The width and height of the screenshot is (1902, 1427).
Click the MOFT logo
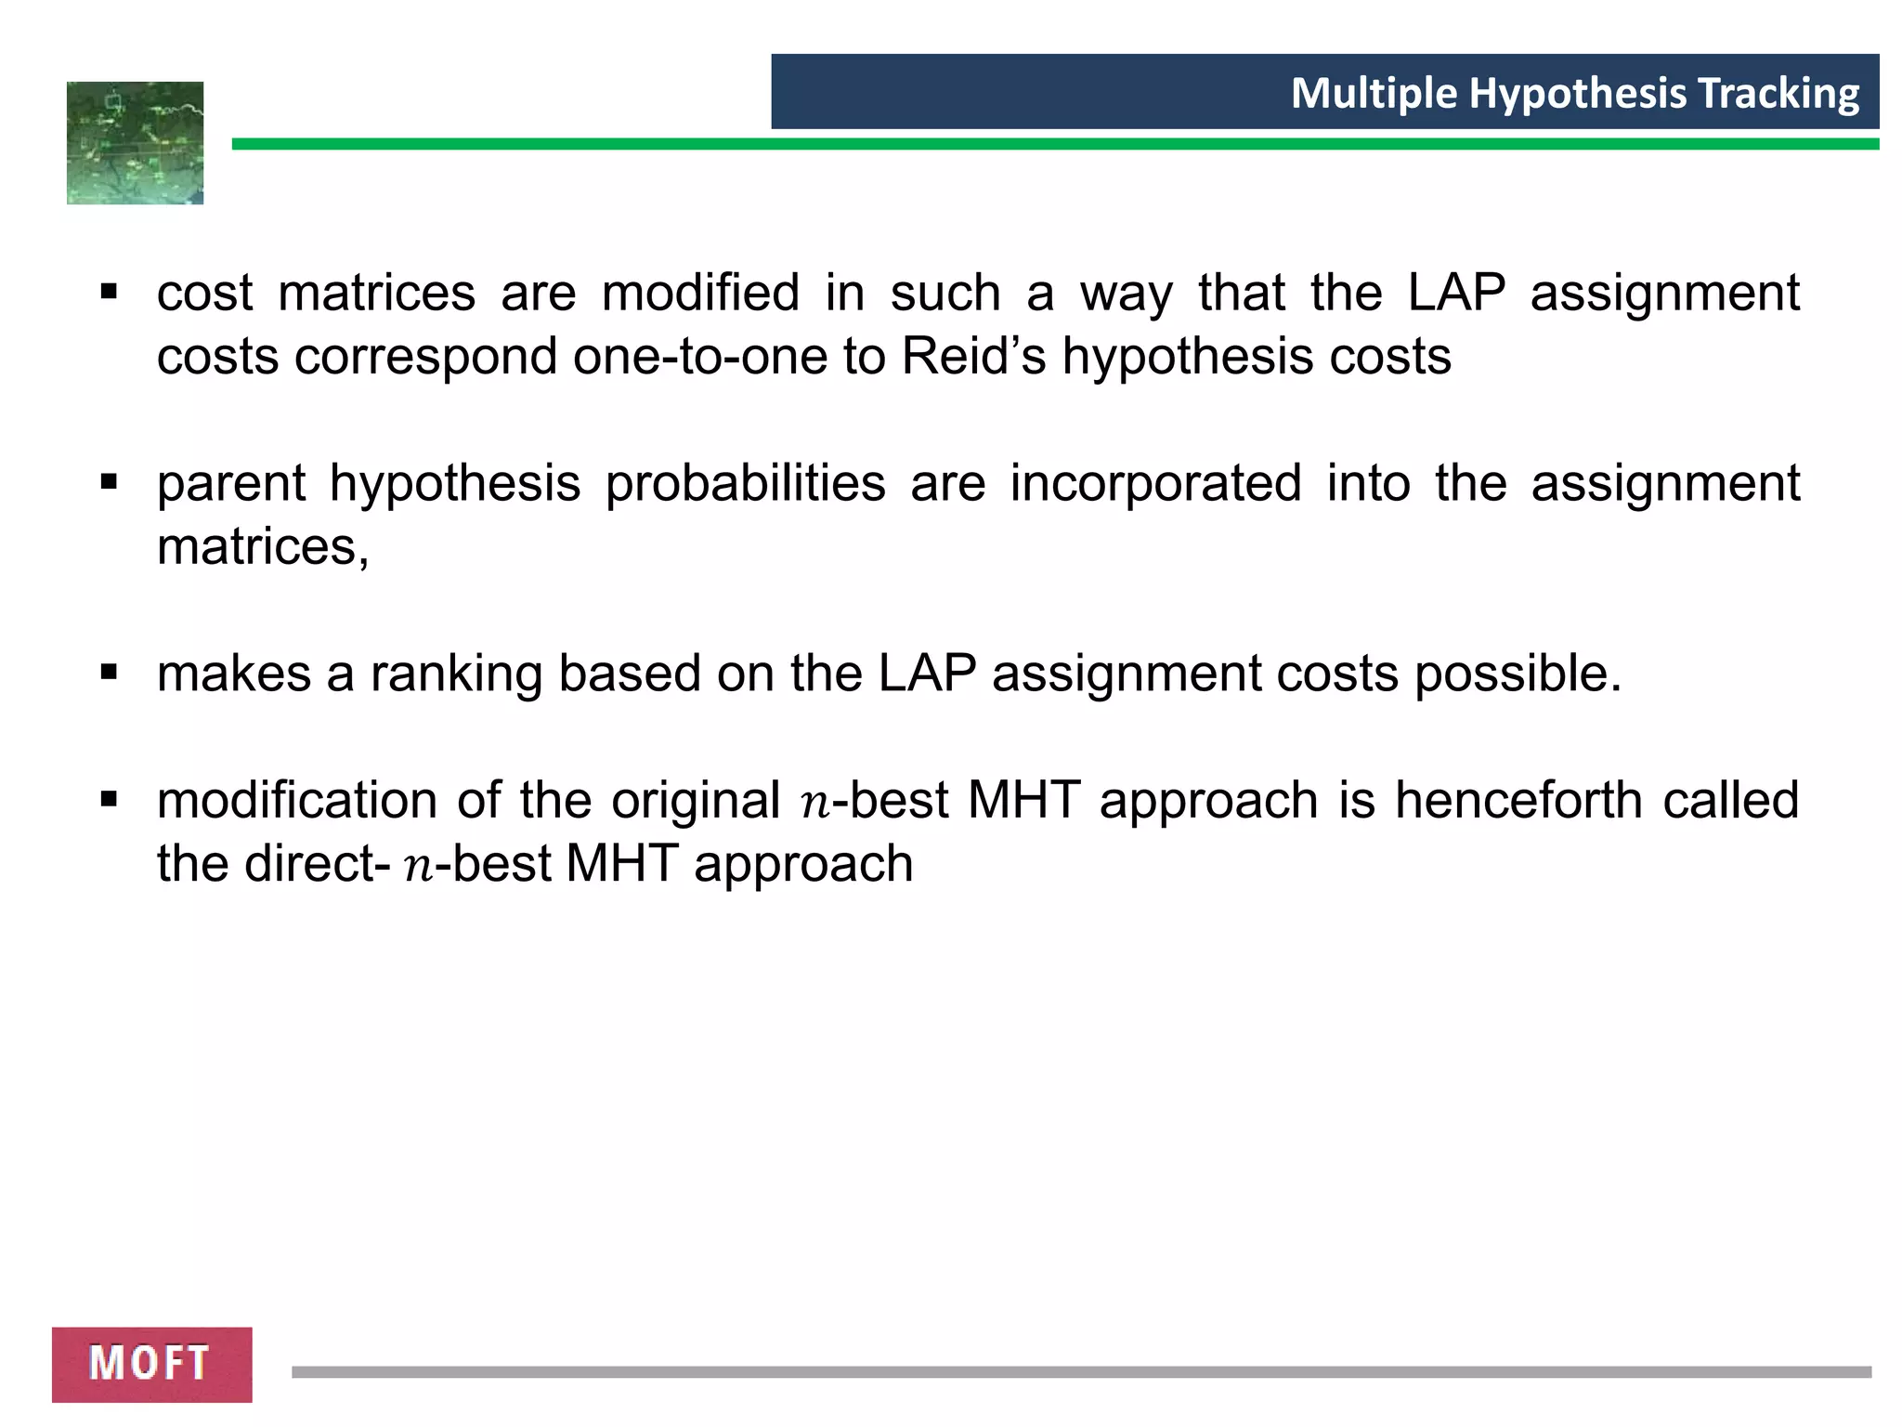151,1364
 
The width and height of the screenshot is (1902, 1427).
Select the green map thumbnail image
136,143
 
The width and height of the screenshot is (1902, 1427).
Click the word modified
700,293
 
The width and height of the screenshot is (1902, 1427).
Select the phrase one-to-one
699,357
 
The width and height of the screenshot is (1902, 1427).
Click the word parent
230,484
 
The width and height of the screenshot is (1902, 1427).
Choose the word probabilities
746,484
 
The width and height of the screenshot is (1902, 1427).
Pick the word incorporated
1155,484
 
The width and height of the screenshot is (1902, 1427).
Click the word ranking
456,674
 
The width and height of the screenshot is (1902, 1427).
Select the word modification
297,800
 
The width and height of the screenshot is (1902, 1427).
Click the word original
695,800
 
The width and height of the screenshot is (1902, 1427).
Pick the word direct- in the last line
317,864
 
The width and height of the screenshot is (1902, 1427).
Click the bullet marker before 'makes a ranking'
110,672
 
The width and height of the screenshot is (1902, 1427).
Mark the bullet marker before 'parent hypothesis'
110,482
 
